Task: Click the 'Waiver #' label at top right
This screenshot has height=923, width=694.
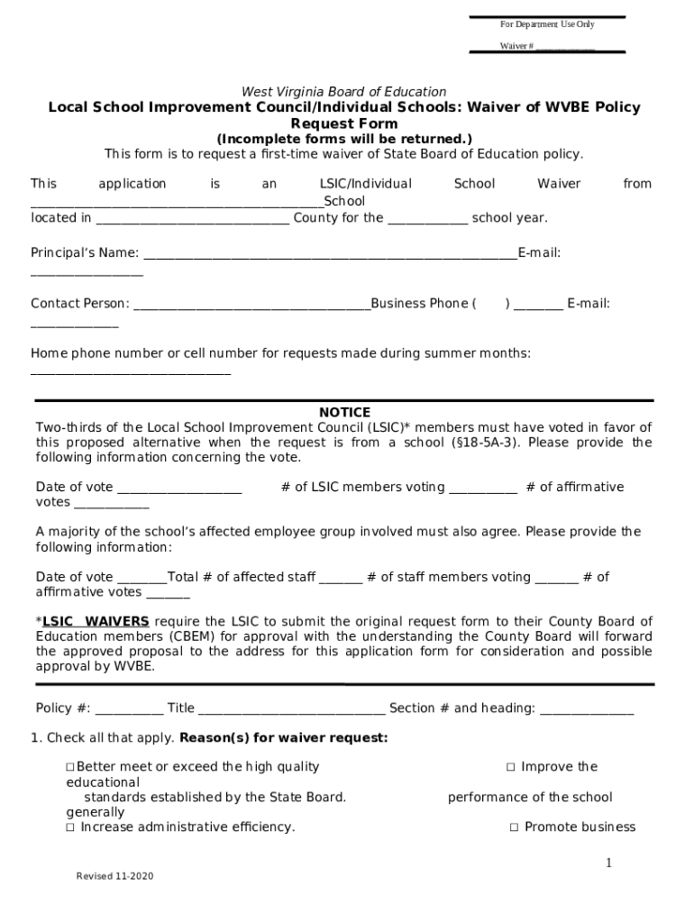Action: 517,46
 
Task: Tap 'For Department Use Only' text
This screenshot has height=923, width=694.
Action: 547,24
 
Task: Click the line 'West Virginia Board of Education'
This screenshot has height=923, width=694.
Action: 343,92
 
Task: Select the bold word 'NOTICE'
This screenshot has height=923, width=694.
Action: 344,413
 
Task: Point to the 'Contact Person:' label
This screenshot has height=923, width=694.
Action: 80,304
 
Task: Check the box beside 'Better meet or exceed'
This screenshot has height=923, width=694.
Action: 69,767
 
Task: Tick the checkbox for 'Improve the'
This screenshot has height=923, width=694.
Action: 510,767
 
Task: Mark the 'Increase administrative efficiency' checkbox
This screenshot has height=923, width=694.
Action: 69,827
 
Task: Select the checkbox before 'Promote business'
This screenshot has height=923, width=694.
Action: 514,827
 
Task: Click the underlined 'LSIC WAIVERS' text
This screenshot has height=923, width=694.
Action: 96,622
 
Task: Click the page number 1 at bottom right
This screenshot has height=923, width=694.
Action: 608,864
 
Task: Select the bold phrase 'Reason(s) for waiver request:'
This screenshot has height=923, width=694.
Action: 284,738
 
